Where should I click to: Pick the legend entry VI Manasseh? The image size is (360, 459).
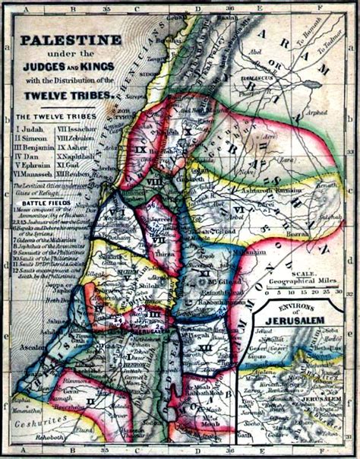35,173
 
